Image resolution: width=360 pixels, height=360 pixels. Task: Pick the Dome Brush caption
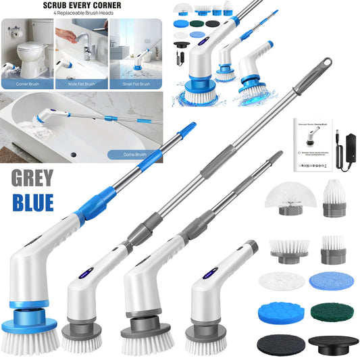pyautogui.click(x=137, y=154)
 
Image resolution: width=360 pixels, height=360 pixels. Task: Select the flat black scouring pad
pyautogui.click(x=278, y=342)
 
